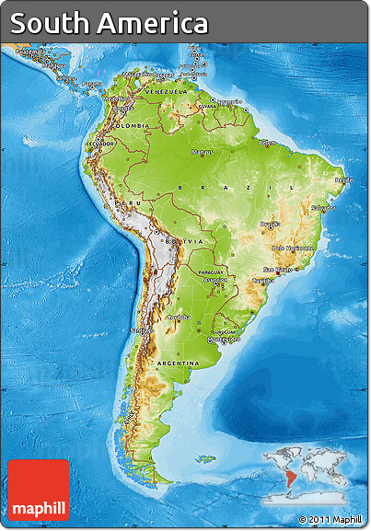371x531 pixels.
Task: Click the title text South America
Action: pos(109,23)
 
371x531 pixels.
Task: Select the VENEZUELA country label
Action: pos(166,92)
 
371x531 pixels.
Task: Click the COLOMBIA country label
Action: pos(132,125)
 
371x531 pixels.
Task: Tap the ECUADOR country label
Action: pos(101,144)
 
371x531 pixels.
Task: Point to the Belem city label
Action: pos(267,143)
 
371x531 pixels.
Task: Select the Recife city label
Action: pos(342,180)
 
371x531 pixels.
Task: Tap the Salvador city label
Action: pos(322,208)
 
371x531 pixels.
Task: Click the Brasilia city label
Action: pos(270,224)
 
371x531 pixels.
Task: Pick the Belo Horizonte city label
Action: pos(293,248)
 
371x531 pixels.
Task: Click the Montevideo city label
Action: pos(225,339)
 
